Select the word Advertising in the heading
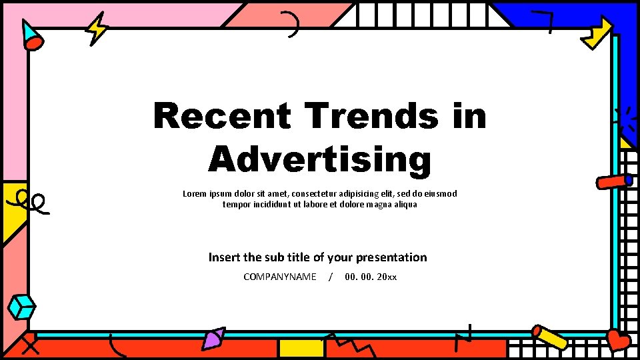[320, 160]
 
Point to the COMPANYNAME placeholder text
[280, 277]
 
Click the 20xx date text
[387, 277]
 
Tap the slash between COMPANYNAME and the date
[331, 277]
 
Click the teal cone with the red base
[31, 36]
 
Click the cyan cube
[22, 307]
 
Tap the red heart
[618, 341]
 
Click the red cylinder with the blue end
[614, 181]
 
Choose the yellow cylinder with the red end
[550, 337]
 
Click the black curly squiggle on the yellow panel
[31, 201]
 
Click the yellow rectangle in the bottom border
[301, 348]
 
